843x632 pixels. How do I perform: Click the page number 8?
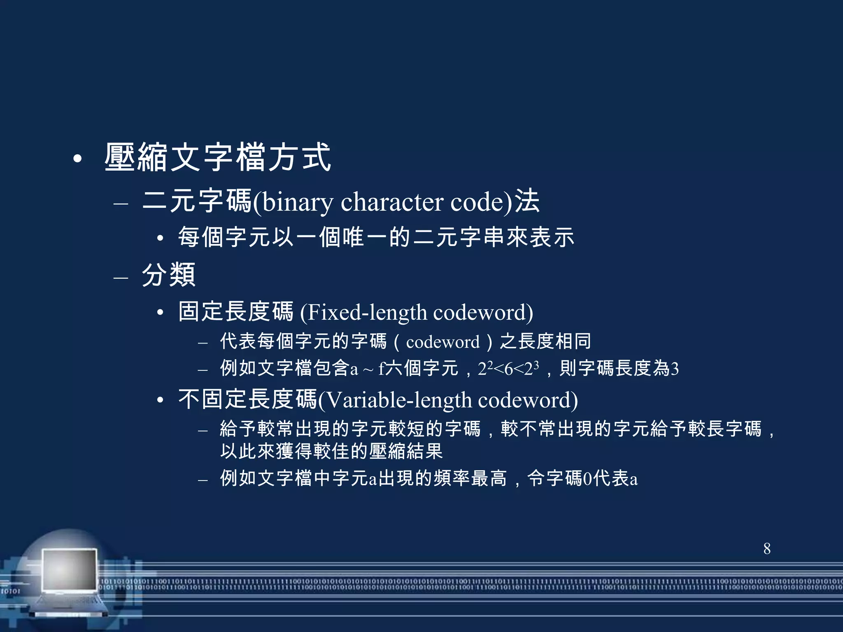767,548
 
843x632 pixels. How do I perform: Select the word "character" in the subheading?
392,202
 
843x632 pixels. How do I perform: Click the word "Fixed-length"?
368,312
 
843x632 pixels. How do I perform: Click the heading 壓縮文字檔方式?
218,157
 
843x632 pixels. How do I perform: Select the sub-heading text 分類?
168,275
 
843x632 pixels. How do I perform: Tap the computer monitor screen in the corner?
70,570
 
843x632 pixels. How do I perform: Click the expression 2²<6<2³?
508,368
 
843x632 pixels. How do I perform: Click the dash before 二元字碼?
121,203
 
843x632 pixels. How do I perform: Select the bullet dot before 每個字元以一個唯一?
161,238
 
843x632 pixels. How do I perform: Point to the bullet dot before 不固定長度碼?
161,400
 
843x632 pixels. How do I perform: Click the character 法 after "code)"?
527,201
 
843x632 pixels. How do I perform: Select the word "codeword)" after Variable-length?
528,400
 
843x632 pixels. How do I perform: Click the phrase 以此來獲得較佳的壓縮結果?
331,451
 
